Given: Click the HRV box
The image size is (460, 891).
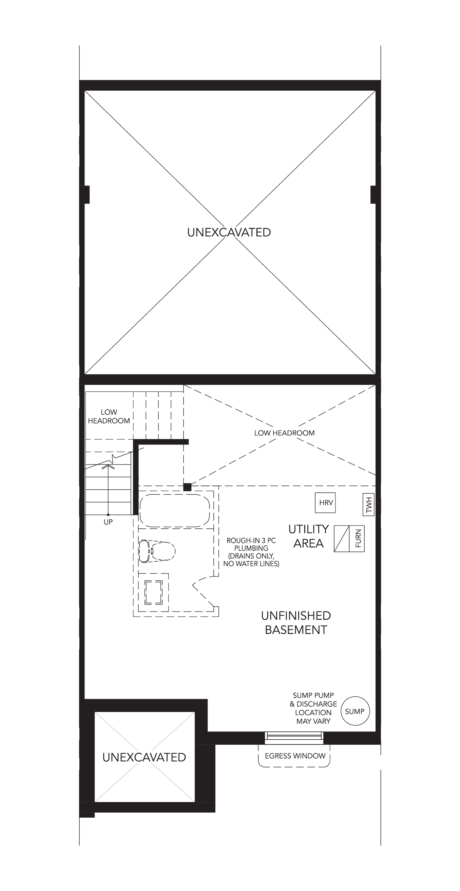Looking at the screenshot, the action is click(325, 503).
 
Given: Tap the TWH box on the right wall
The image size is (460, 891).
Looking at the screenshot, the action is click(368, 505).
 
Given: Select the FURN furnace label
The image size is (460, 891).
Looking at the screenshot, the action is click(358, 539).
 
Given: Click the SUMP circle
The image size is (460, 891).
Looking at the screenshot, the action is click(355, 711).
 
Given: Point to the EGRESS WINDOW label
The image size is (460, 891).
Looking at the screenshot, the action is click(295, 756).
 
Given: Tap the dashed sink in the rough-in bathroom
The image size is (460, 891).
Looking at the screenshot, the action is click(153, 593).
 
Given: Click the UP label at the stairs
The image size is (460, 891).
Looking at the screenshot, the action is click(108, 522).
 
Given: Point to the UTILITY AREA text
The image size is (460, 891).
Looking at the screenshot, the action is click(309, 536).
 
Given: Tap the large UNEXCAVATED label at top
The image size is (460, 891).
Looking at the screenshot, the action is click(229, 233).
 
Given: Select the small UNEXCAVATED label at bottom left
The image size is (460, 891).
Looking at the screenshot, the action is click(144, 757).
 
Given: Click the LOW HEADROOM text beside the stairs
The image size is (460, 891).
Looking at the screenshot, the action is click(109, 416).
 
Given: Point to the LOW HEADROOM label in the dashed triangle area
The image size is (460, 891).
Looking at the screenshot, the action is click(284, 433).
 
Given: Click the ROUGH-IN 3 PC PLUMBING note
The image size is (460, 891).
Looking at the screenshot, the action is click(251, 552).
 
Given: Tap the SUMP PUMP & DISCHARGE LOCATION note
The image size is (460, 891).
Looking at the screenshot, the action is click(313, 708).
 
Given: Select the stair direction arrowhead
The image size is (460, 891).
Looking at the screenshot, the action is click(108, 467).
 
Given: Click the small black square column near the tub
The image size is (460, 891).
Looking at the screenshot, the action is click(187, 487).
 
